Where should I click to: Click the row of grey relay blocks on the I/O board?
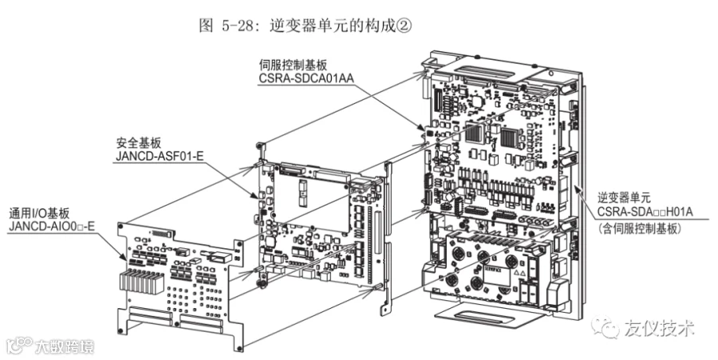point(140,280)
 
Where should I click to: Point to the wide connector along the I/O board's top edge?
point(163,233)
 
